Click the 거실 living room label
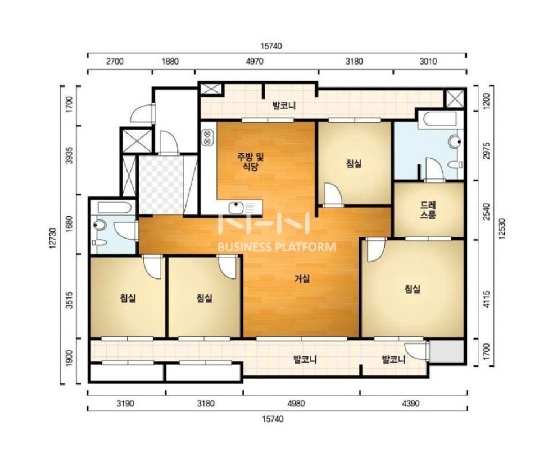click(302, 278)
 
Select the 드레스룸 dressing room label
click(428, 210)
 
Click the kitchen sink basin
click(236, 208)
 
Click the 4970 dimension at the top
click(255, 61)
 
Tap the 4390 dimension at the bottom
click(410, 404)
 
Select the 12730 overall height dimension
click(53, 238)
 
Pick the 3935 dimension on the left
click(69, 155)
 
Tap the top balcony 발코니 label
click(284, 106)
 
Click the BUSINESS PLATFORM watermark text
click(277, 248)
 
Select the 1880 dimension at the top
click(170, 61)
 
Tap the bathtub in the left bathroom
click(115, 208)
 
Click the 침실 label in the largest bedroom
click(413, 288)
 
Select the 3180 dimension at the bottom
click(206, 404)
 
